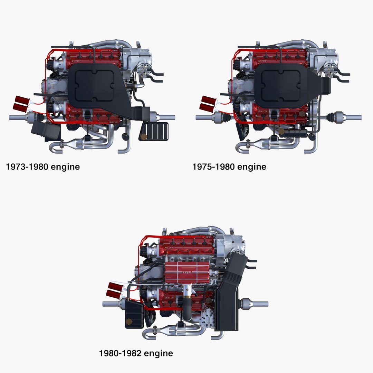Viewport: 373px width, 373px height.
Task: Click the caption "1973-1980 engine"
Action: (43, 167)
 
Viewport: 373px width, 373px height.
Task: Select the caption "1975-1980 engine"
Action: (229, 167)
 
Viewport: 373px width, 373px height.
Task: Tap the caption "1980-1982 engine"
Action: (136, 353)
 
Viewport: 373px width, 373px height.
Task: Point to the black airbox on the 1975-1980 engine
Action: (281, 85)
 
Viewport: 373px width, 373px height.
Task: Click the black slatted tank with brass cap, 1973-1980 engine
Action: (154, 132)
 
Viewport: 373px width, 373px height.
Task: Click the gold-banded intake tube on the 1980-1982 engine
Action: (187, 293)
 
